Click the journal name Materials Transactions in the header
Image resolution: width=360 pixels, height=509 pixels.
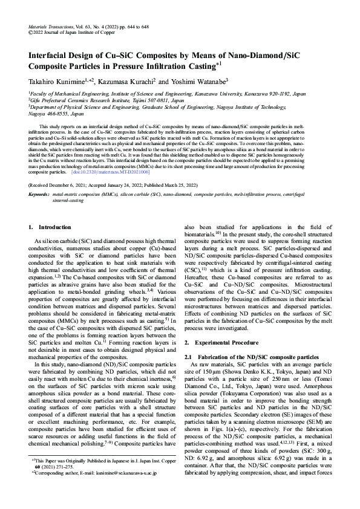click(x=51, y=28)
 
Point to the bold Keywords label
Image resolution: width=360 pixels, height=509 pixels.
click(x=39, y=193)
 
